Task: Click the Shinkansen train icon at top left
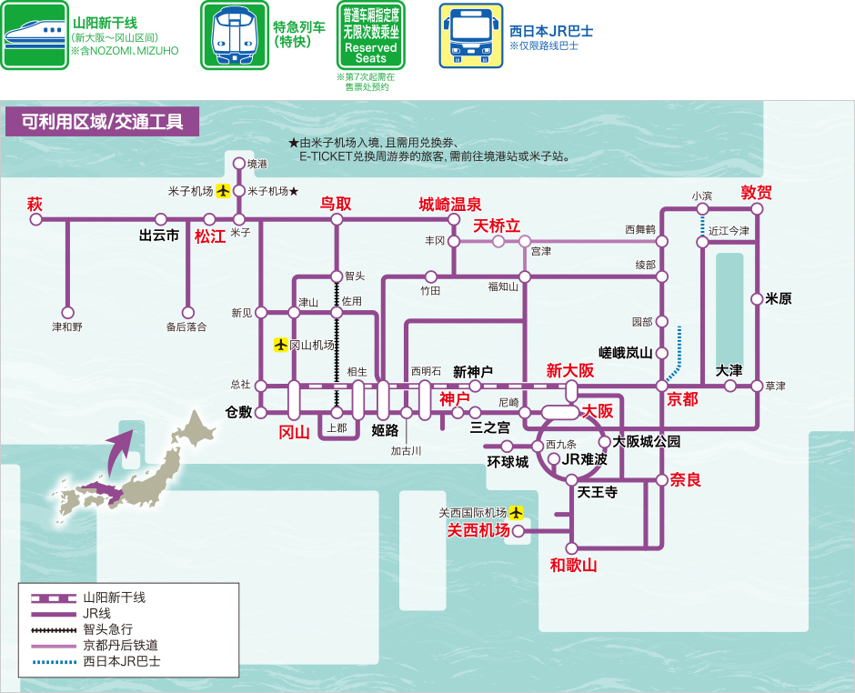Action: point(35,35)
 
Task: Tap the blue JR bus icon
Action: point(471,35)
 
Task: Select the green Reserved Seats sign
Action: point(371,35)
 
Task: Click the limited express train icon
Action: point(234,35)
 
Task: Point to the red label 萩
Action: point(35,203)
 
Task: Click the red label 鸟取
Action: point(335,203)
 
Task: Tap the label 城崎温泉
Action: point(450,203)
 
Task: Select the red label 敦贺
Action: point(756,192)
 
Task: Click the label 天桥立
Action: point(497,225)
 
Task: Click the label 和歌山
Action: point(573,565)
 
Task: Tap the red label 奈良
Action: point(686,479)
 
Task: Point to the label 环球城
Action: point(508,461)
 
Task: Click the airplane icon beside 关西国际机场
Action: point(517,512)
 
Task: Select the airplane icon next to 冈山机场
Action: point(281,345)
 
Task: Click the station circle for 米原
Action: point(757,298)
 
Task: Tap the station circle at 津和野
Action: point(67,310)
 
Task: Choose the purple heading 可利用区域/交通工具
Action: point(102,122)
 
